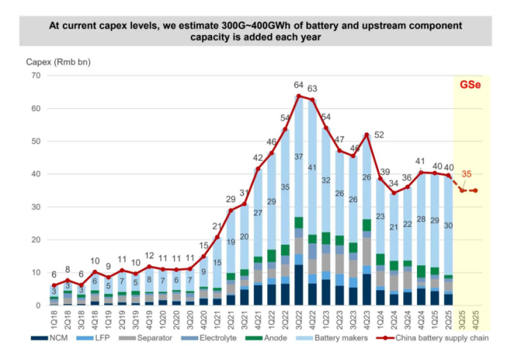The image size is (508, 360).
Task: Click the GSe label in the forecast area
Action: pyautogui.click(x=471, y=84)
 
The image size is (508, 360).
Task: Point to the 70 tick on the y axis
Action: pyautogui.click(x=35, y=76)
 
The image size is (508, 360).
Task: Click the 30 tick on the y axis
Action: pyautogui.click(x=35, y=207)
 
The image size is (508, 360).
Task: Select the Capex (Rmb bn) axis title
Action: pyautogui.click(x=48, y=62)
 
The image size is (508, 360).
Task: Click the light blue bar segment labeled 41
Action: pyautogui.click(x=313, y=168)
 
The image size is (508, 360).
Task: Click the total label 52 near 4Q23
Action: pyautogui.click(x=380, y=134)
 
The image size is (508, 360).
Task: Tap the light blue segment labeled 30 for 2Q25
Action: pyautogui.click(x=448, y=226)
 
